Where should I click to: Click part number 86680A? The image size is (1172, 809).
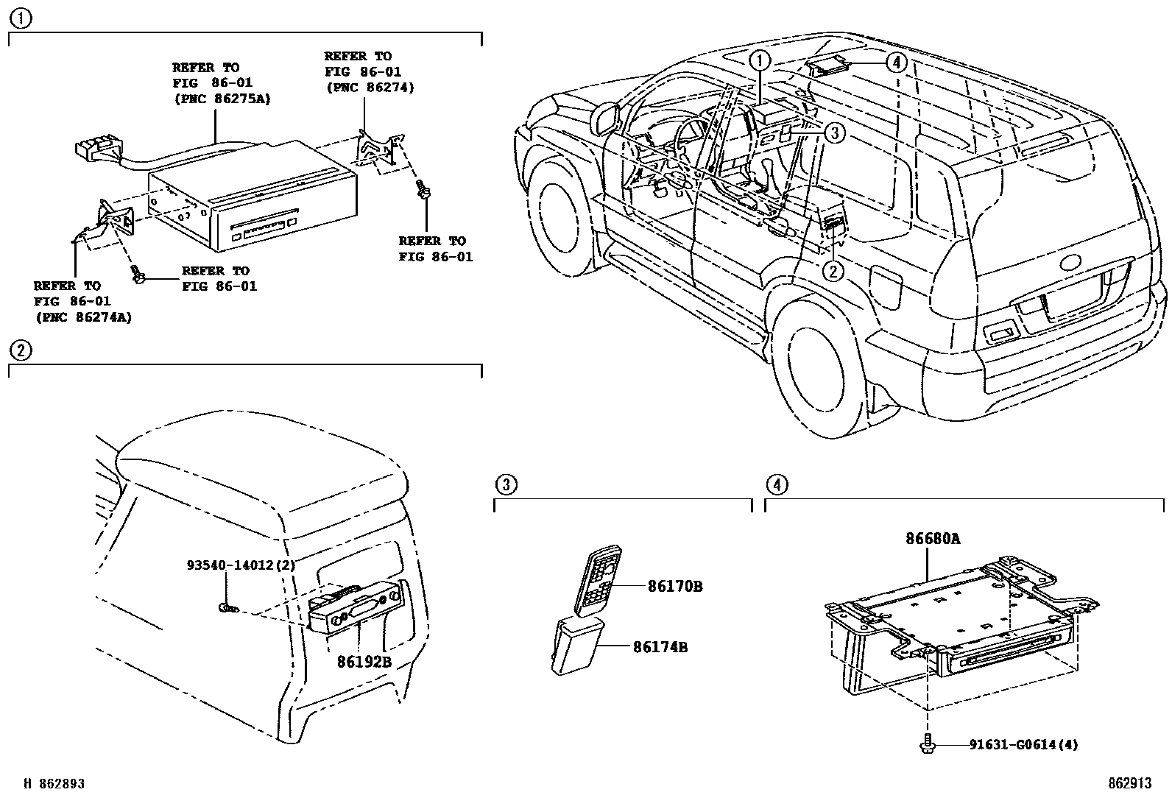point(932,539)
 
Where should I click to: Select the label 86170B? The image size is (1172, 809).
point(674,587)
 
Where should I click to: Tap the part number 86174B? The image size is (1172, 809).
point(660,648)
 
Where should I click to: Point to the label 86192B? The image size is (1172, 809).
point(364,662)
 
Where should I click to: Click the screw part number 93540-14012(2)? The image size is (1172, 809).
point(240,565)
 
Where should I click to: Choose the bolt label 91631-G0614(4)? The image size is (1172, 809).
point(1023,745)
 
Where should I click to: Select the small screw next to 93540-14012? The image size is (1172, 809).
point(227,607)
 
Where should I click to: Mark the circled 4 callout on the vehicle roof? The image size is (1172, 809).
point(895,63)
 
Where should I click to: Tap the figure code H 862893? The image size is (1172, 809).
point(54,784)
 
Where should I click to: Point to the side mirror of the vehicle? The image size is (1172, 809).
point(605,118)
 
